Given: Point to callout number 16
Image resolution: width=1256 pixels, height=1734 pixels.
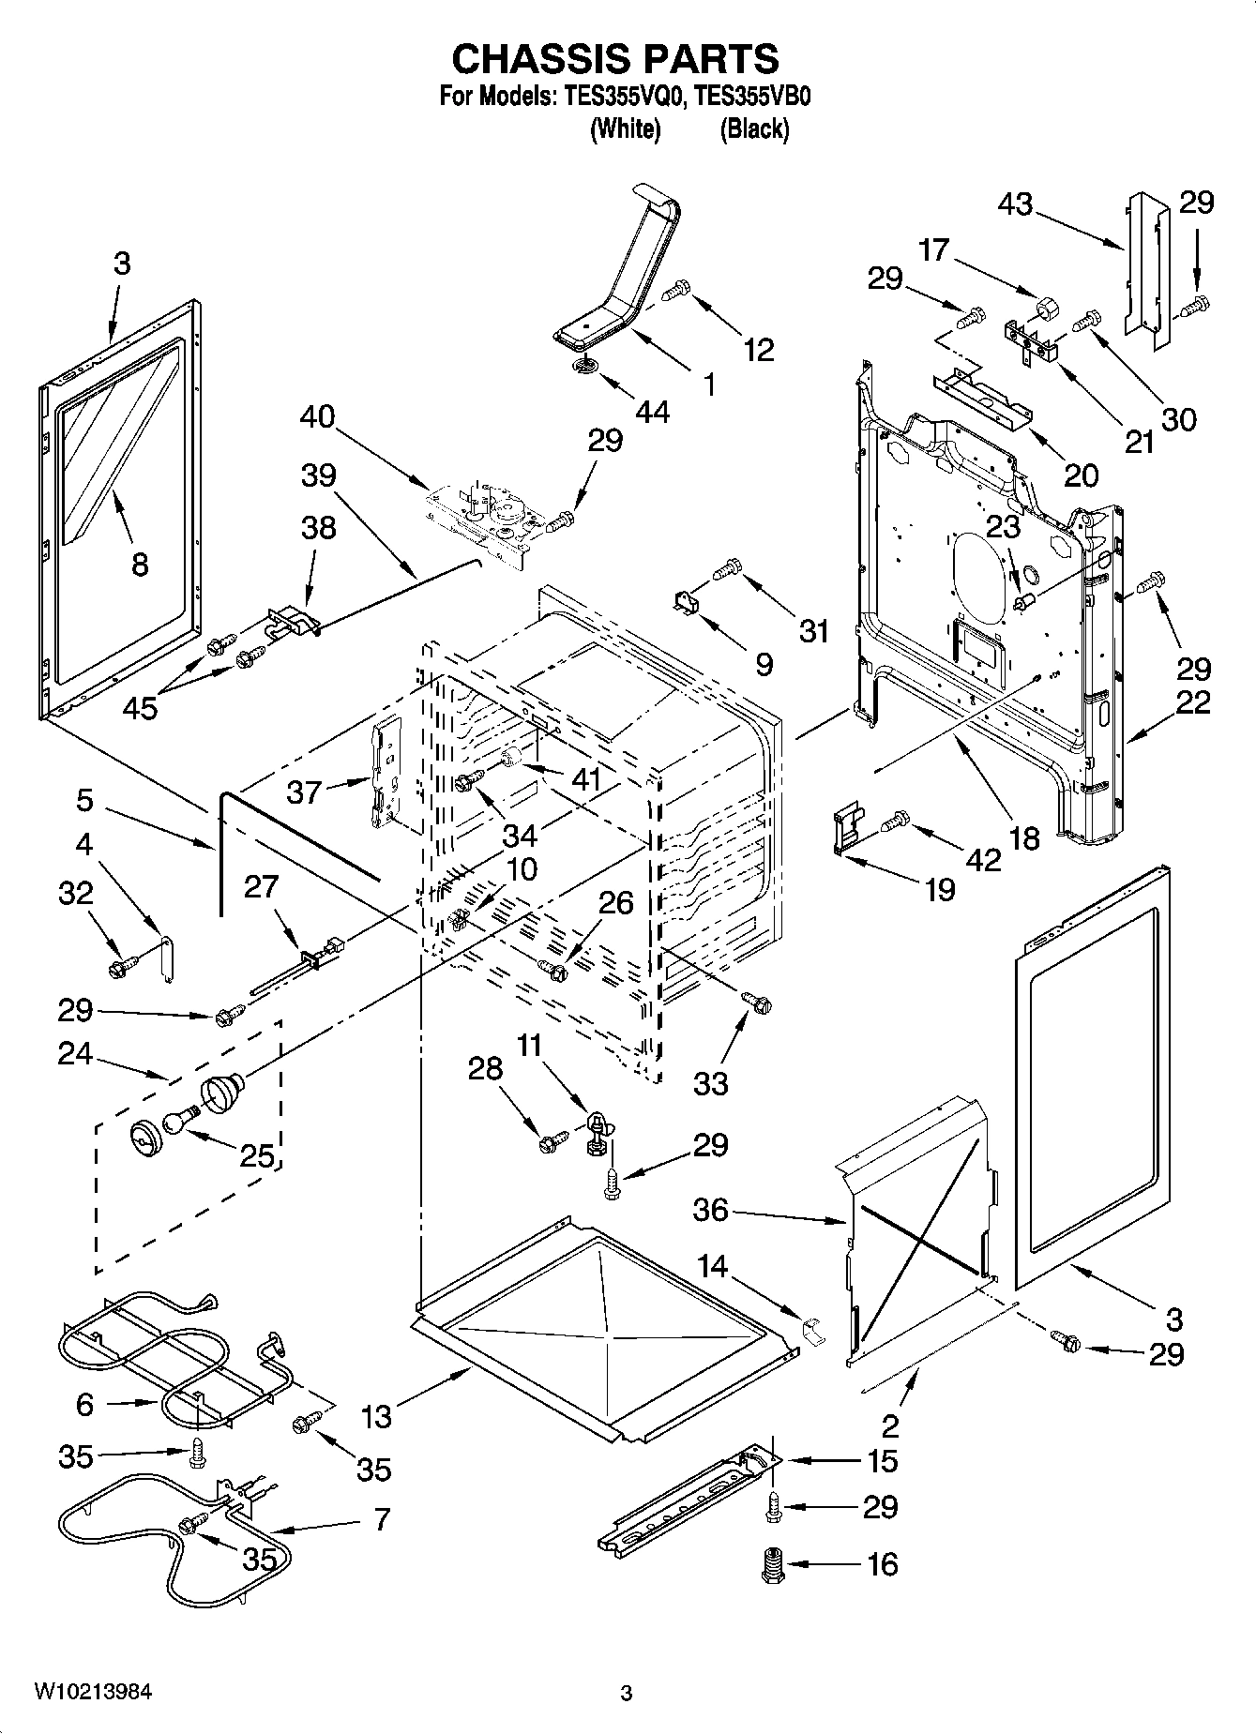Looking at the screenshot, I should point(883,1563).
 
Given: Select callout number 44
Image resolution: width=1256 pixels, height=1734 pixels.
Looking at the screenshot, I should point(653,411).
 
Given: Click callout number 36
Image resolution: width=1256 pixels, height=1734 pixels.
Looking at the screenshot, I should point(711,1210).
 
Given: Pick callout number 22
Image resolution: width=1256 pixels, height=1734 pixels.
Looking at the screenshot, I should point(1193,701).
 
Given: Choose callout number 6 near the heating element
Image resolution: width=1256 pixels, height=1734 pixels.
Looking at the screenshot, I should point(85,1404).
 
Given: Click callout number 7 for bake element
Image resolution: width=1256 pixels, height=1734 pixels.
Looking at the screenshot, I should point(382,1518).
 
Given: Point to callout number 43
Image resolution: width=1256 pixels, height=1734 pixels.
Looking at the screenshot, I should point(1015,204).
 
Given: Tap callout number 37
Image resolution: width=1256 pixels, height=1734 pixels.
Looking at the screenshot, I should point(305,792).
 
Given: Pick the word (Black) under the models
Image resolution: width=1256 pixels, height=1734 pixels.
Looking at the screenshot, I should point(754,128).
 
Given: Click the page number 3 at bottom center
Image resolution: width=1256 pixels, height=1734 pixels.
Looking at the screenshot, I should point(627,1694).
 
